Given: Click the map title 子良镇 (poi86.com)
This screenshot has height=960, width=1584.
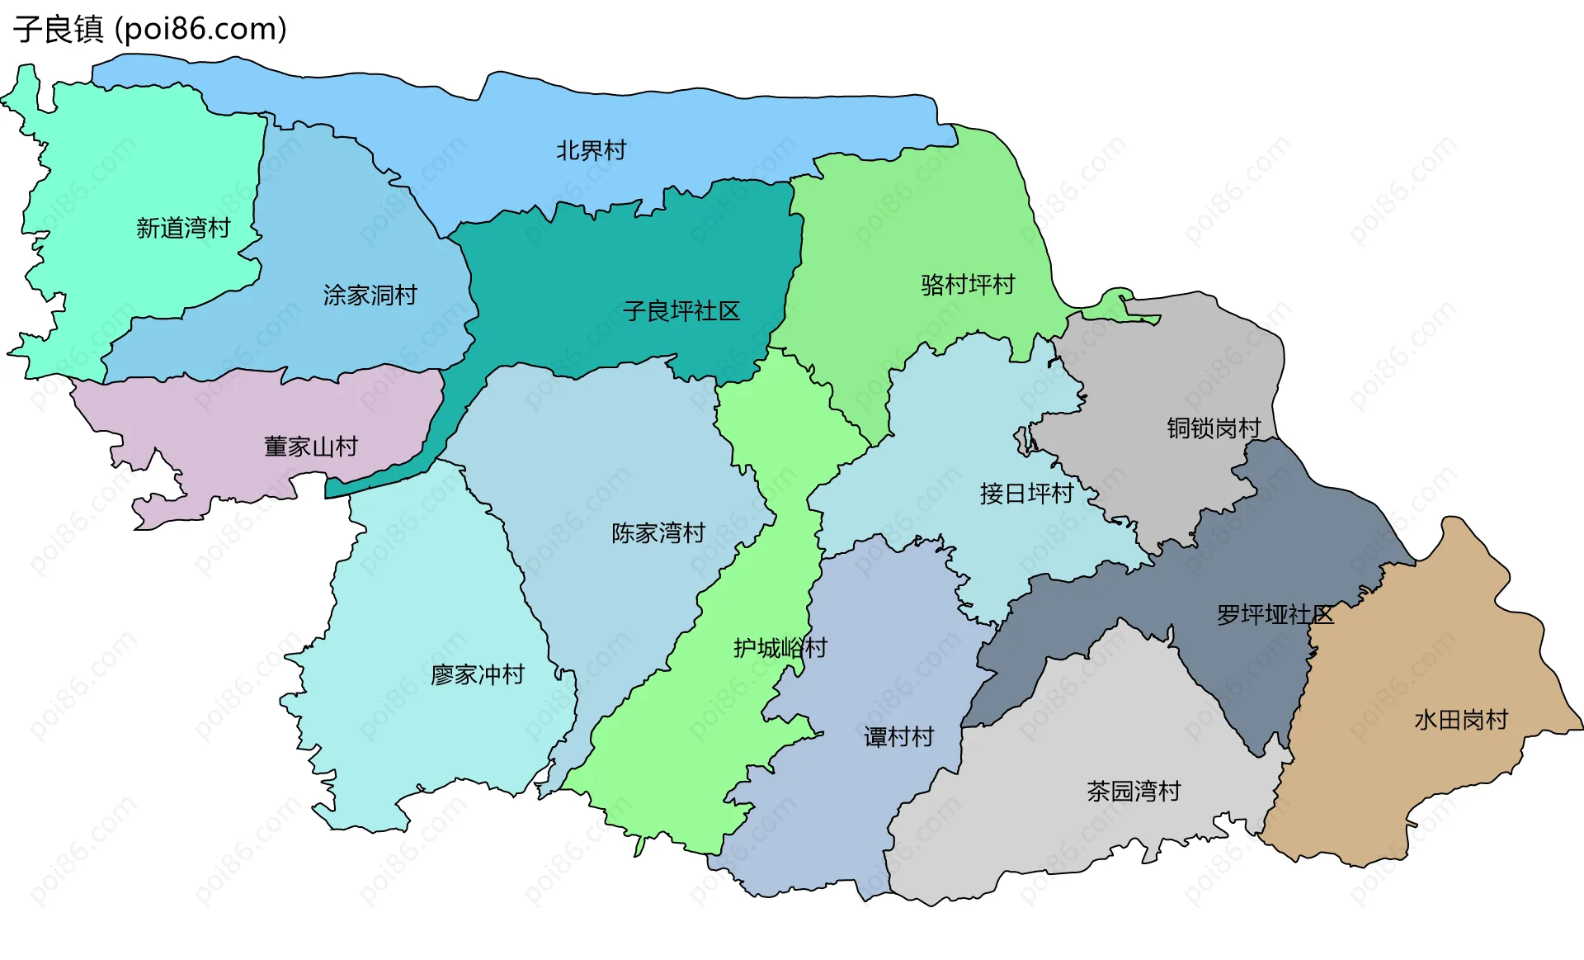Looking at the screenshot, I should (149, 29).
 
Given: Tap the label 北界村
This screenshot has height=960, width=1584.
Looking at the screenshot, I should (591, 150).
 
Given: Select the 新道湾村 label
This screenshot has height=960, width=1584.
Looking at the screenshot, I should (183, 228).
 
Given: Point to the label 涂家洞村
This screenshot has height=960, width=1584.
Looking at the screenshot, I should (370, 295).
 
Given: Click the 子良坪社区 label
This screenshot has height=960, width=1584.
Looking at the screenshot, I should (681, 311).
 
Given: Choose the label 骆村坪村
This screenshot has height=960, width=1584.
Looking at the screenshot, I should (968, 285).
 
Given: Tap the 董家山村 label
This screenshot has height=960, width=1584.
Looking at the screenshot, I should (310, 447).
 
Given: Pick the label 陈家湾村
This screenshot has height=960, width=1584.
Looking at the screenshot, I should (658, 533).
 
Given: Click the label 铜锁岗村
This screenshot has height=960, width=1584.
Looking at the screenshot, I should (1214, 428).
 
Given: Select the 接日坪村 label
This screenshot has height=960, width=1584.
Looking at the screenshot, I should (1026, 494).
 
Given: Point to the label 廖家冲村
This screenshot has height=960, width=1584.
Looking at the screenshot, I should (478, 675).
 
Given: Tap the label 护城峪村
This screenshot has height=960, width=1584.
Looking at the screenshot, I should (780, 648).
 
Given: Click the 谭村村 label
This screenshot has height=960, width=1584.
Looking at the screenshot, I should (898, 736).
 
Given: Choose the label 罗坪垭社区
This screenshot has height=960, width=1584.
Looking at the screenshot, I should (1275, 614).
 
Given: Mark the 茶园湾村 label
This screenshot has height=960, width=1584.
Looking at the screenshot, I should (1134, 792).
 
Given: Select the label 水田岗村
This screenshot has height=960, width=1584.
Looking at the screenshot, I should (1461, 720).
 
